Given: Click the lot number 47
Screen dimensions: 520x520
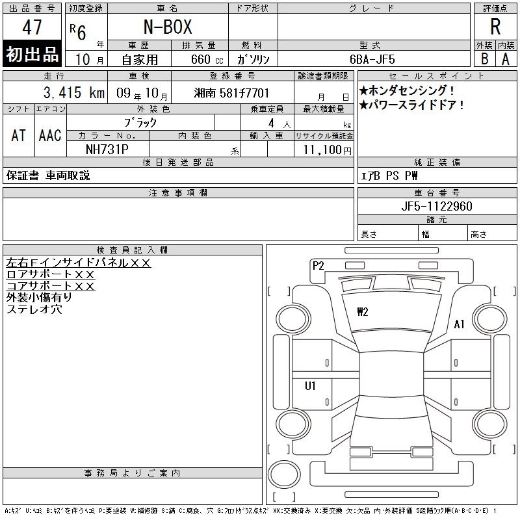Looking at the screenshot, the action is [32, 27].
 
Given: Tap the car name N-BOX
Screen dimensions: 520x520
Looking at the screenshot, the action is [168, 27].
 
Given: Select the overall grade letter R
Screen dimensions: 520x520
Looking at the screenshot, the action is [495, 27].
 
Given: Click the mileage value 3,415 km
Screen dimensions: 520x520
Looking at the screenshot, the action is [74, 92].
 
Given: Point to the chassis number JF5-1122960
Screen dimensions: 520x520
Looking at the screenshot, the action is [437, 206].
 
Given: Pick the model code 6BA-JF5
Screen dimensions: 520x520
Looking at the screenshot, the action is [372, 59].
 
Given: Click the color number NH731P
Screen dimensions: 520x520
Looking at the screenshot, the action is [107, 149].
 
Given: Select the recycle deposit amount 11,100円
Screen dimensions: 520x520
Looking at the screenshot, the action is [327, 150].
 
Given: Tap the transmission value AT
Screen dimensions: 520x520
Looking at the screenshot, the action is [18, 135].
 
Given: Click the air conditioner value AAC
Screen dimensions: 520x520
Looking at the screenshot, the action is [50, 135].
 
